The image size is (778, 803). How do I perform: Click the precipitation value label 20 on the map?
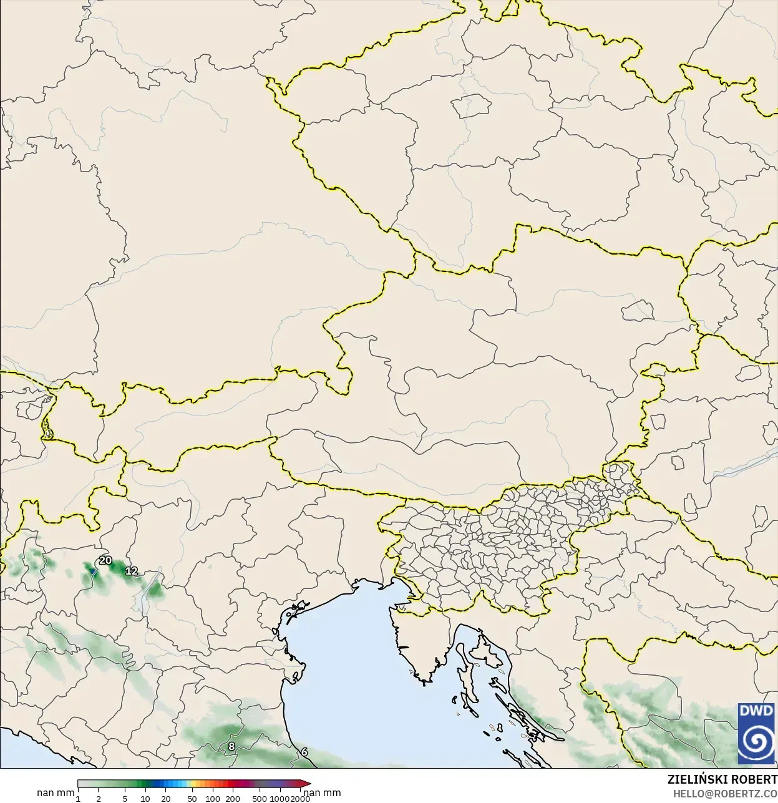105,560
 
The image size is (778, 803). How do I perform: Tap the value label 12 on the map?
132,571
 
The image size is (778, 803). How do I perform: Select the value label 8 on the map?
231,746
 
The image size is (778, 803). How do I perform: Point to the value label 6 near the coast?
304,752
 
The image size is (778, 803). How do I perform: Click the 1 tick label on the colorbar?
78,799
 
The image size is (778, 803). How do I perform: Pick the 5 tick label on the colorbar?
125,799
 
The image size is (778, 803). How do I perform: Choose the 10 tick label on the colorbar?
145,799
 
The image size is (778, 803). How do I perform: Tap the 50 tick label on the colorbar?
192,799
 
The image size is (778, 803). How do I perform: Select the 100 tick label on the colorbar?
213,799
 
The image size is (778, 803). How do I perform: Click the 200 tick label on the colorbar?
233,799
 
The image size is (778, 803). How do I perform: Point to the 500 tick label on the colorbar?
260,799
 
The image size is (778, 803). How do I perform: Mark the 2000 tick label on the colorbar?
300,799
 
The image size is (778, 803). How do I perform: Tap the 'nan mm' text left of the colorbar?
56,793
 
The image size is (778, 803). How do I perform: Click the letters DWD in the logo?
756,711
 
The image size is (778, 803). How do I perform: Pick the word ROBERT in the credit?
757,780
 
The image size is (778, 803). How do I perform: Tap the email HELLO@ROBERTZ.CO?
725,794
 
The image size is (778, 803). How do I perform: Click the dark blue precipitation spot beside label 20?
94,570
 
